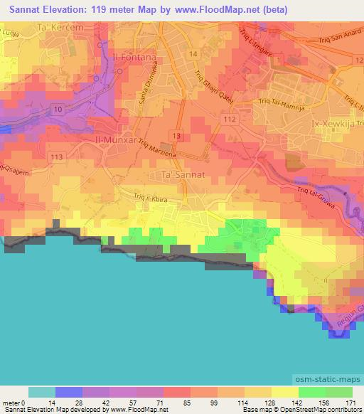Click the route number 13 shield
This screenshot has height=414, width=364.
[x=174, y=134]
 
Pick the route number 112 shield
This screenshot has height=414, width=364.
[x=227, y=120]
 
